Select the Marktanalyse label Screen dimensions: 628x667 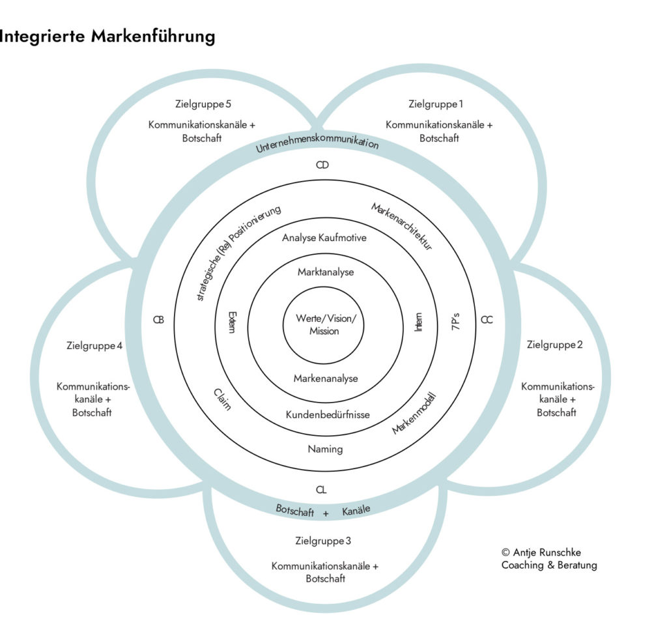[326, 272]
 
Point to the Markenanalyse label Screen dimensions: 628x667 [325, 378]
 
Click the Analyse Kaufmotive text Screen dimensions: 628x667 [324, 238]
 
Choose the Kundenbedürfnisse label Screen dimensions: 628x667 [328, 414]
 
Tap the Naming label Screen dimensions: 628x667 [325, 449]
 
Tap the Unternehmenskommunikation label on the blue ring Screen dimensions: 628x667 [317, 142]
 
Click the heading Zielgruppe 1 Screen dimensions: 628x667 [436, 104]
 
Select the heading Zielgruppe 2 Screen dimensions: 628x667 [554, 345]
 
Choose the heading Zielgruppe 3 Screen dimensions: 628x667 [323, 541]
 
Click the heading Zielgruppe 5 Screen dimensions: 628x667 [204, 104]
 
